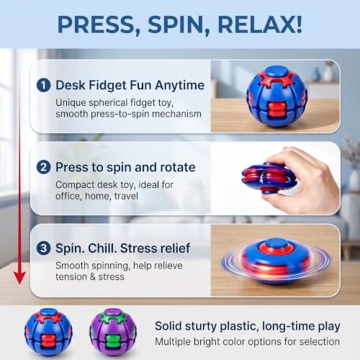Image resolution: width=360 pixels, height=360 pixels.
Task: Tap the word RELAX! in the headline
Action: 260,24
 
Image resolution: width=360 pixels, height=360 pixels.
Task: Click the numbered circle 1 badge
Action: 43,85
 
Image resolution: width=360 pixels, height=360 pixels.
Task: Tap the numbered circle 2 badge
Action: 43,167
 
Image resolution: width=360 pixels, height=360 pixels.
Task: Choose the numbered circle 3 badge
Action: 43,248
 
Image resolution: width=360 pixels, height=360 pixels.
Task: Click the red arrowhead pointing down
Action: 19,278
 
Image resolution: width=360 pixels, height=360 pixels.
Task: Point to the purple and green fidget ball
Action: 113,332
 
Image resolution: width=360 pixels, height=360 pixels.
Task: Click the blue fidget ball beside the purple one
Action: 48,332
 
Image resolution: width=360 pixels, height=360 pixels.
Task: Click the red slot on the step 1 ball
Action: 275,110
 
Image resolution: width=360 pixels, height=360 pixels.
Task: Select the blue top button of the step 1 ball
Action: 276,71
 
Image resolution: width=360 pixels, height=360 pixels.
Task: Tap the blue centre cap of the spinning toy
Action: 276,243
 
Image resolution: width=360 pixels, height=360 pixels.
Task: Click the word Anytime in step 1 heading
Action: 180,86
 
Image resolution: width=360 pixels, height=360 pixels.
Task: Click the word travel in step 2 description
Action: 126,196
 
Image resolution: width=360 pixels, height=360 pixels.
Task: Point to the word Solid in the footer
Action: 168,326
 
